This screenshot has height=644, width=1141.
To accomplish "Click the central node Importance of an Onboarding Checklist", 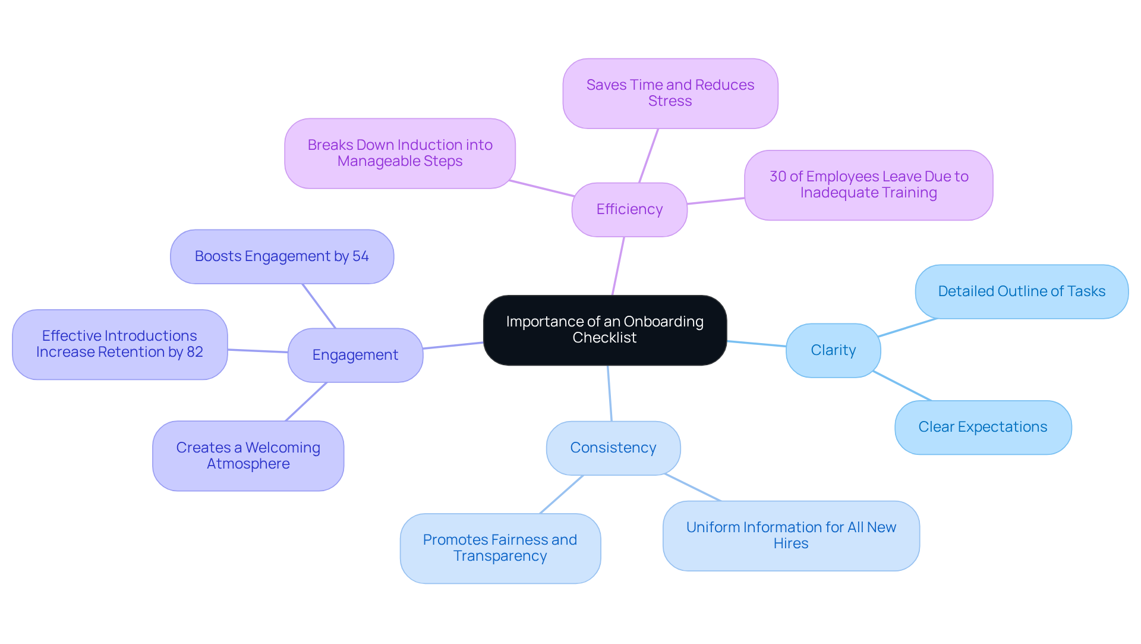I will click(604, 330).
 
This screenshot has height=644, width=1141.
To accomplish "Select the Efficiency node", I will click(629, 209).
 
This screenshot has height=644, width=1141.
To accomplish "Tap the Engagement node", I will click(355, 355).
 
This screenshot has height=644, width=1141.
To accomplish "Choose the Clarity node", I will click(833, 350).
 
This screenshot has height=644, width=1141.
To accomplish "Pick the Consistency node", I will click(613, 448).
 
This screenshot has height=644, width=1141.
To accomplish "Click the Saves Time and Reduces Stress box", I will click(670, 93).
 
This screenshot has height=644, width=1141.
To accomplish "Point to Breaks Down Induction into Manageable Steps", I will click(399, 153).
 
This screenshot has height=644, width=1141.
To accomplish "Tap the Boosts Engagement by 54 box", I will click(282, 256).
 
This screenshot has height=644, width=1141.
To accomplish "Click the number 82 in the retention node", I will click(195, 352).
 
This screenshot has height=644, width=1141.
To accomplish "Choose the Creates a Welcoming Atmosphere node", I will click(248, 456).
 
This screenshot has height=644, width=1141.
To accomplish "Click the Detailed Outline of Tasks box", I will click(1021, 291).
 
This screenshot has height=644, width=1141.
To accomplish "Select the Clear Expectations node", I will click(982, 427).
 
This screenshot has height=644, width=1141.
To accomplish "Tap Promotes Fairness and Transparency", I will click(500, 548).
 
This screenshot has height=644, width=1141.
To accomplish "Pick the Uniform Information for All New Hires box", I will click(790, 536).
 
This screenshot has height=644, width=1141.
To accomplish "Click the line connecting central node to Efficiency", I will click(618, 266).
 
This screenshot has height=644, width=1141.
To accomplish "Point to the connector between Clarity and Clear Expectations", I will click(902, 386).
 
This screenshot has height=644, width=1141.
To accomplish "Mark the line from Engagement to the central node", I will click(453, 345).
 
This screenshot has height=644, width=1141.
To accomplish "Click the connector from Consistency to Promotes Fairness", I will click(562, 494).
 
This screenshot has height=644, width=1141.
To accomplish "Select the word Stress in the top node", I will click(670, 101).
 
